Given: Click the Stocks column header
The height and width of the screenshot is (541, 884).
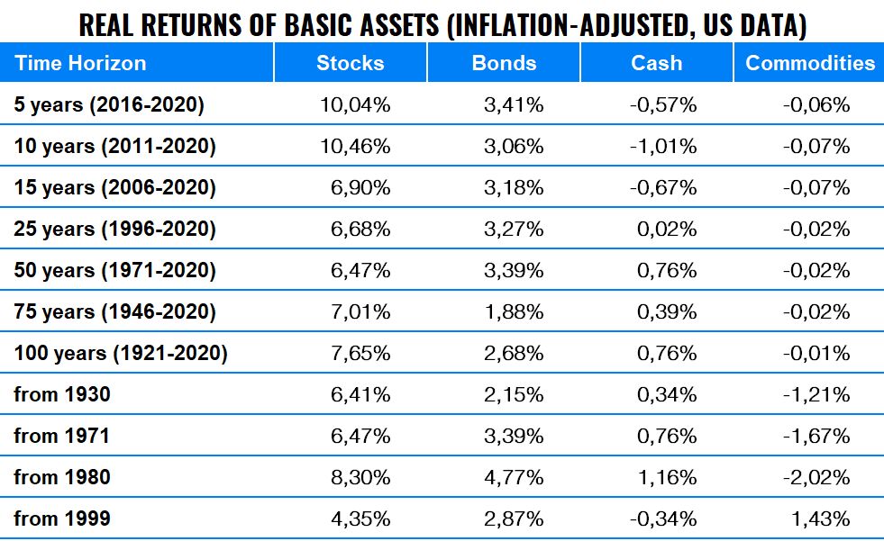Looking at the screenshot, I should [350, 63].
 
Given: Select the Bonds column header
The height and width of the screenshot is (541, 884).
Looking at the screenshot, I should [504, 63].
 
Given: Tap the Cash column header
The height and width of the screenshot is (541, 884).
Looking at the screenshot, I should [657, 63].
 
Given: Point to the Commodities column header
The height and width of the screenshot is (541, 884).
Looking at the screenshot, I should [810, 63].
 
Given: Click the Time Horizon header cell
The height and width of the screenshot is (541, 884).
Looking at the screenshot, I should [80, 63].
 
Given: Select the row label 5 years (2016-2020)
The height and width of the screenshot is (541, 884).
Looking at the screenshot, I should [109, 105].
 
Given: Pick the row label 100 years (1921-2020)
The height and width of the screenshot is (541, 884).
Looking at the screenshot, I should [121, 353].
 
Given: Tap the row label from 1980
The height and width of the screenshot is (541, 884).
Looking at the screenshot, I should [62, 477].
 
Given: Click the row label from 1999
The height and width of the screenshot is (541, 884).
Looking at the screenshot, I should [62, 518].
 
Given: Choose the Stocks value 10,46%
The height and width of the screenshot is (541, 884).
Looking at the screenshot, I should [355, 147].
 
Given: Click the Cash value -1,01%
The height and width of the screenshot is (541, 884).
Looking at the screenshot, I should [663, 147].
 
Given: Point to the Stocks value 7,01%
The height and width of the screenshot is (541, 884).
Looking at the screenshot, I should [361, 311].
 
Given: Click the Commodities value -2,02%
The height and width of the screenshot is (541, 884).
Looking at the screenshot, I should [816, 477].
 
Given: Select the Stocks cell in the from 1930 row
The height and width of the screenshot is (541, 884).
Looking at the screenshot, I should [361, 394].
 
